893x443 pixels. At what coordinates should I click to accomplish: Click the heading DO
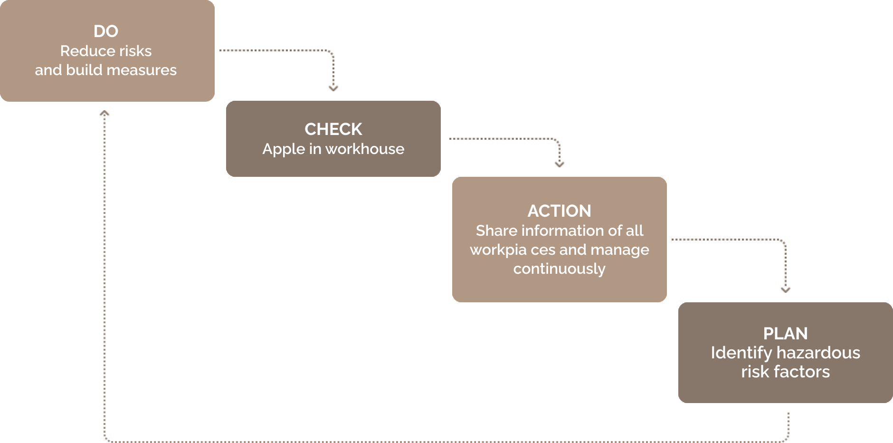(x=106, y=31)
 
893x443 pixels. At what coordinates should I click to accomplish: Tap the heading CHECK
(x=333, y=129)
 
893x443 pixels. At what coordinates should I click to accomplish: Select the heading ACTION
(x=560, y=211)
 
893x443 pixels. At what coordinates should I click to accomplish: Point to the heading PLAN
(x=786, y=334)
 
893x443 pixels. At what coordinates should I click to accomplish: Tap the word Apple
(x=284, y=150)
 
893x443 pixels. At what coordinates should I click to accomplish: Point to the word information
(x=562, y=231)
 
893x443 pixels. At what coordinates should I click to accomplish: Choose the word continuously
(x=560, y=269)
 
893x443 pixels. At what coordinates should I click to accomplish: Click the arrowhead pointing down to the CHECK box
(x=333, y=88)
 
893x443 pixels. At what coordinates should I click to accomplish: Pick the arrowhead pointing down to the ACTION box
(x=560, y=164)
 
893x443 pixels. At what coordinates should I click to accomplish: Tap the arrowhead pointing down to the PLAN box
(x=786, y=290)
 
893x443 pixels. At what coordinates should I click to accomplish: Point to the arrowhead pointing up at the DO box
(x=104, y=113)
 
